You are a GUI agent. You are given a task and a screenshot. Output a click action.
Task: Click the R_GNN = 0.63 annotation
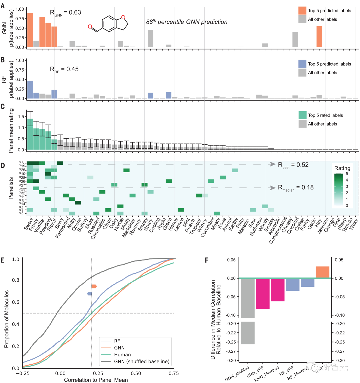pos(65,13)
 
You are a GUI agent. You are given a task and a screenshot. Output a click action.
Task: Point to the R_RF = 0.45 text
pos(64,69)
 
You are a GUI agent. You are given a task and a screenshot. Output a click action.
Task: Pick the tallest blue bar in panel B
pos(30,90)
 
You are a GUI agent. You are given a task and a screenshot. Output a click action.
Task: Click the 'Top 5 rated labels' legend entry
pos(325,115)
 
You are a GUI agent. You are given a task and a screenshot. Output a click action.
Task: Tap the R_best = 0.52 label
pos(293,165)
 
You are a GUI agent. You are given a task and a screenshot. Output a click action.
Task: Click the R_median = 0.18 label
pos(296,188)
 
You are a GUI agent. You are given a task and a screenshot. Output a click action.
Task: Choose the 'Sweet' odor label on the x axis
pos(29,224)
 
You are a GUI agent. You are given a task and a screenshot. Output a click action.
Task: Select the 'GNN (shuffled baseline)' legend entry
pos(141,361)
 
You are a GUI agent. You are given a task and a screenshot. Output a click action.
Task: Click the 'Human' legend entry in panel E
pos(122,355)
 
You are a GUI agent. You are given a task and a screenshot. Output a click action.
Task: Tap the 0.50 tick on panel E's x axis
pos(136,373)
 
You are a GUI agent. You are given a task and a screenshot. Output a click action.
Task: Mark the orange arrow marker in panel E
pos(94,286)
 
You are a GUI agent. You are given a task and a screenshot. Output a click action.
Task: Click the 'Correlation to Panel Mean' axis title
pos(96,380)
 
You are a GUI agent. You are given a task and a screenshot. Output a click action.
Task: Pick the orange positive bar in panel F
pos(322,272)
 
